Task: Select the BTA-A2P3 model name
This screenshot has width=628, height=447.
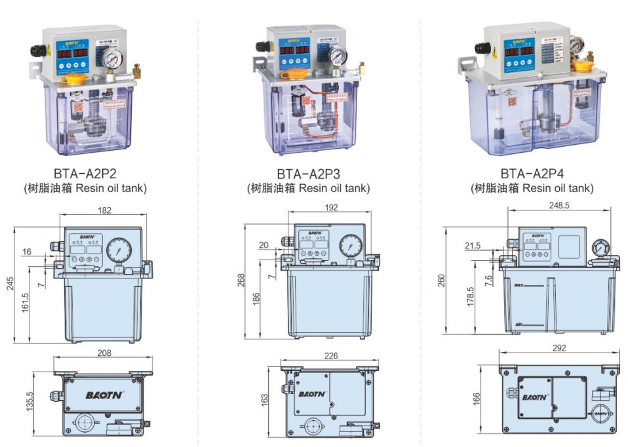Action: tap(308, 174)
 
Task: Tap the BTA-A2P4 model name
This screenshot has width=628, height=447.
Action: tap(532, 174)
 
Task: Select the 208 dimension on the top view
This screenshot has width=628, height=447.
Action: tap(104, 353)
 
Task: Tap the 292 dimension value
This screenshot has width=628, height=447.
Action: tap(559, 348)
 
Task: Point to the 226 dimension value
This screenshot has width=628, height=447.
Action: tap(330, 357)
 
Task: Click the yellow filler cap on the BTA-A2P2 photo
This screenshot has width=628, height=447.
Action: tap(73, 80)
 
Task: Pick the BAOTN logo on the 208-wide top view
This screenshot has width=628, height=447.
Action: tap(102, 395)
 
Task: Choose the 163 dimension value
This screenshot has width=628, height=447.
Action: tap(264, 399)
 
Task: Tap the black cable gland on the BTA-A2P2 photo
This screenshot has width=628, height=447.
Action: tap(35, 50)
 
